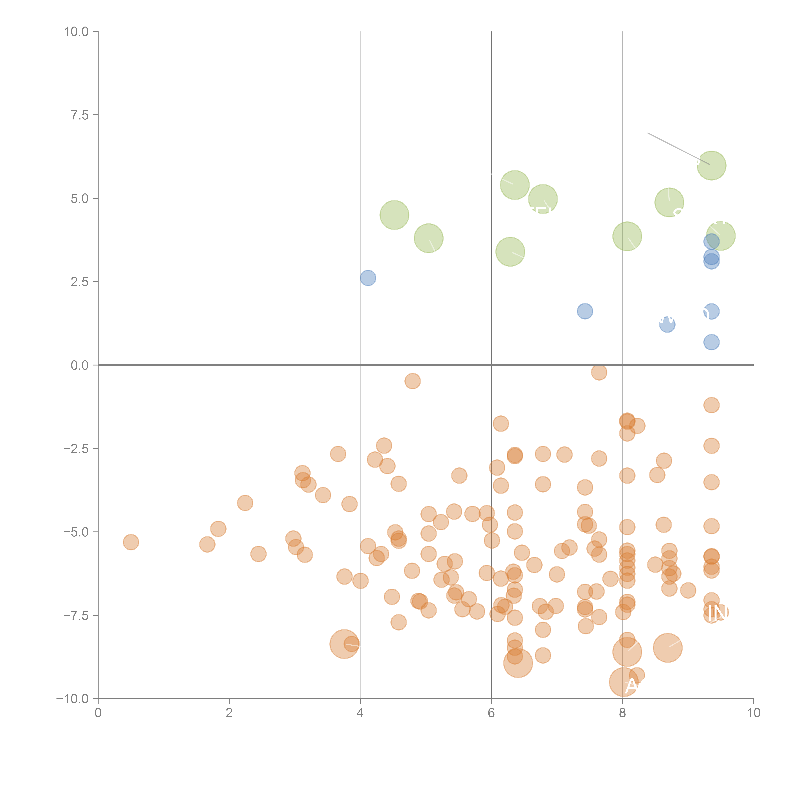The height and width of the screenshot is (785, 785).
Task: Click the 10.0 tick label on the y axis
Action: tap(76, 32)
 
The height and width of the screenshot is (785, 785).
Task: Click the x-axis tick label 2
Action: tap(229, 713)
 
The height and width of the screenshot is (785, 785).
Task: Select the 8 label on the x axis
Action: tap(623, 713)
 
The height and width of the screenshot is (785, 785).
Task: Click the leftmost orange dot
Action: tap(131, 542)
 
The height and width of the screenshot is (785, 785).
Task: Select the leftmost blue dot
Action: tap(368, 278)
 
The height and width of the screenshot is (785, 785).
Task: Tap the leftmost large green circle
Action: tap(394, 215)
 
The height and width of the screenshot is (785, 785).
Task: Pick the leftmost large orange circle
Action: tap(344, 644)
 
